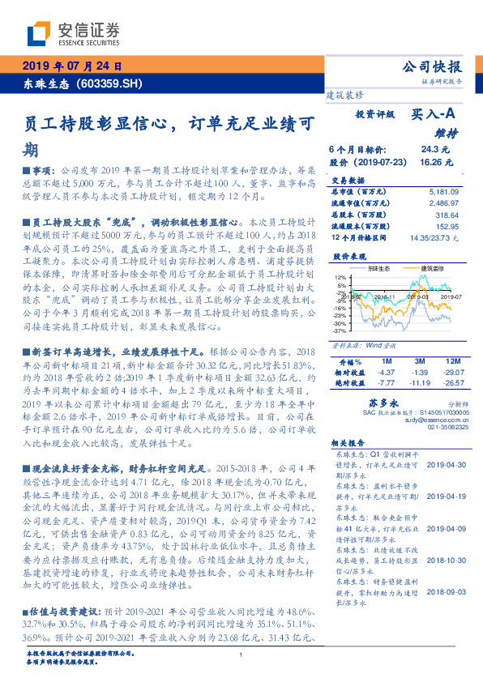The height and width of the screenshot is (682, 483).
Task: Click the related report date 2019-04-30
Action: click(x=442, y=465)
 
